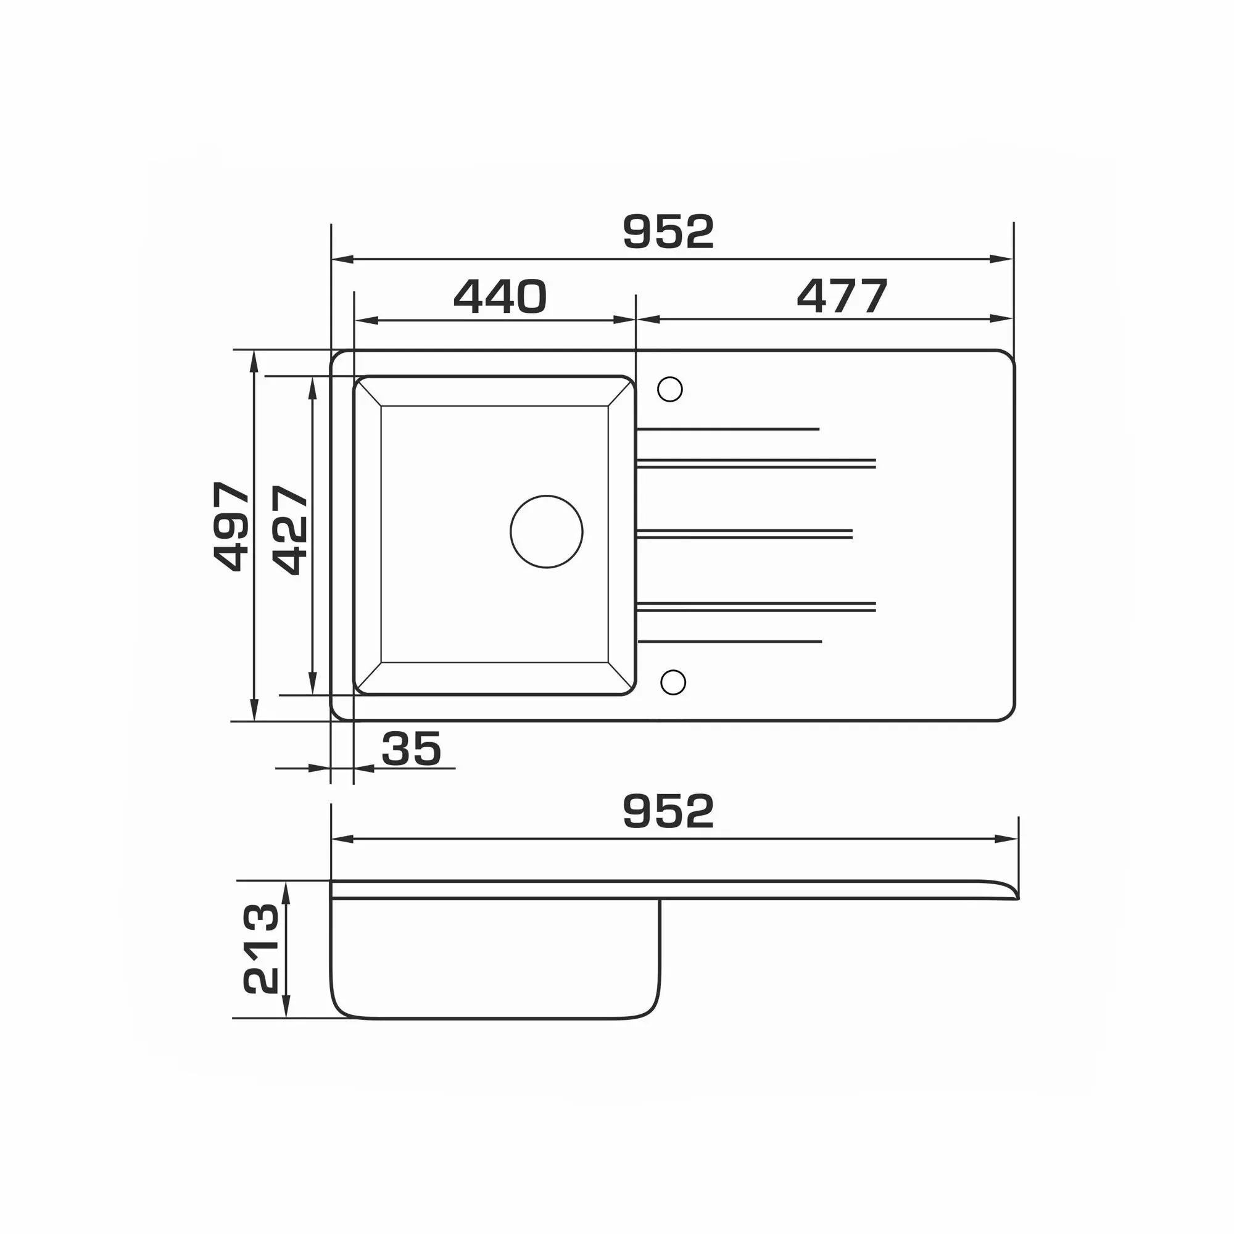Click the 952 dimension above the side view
coord(668,811)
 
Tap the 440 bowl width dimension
coord(500,296)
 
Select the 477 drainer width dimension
coord(842,296)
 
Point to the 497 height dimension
coord(231,526)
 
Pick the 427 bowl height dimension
coord(290,530)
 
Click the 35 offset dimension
coord(412,748)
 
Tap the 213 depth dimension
coord(260,948)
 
